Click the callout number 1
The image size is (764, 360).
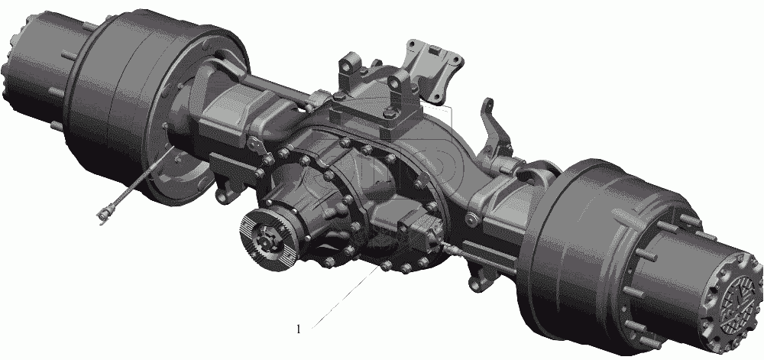[299, 329]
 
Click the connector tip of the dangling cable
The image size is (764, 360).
[103, 214]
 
